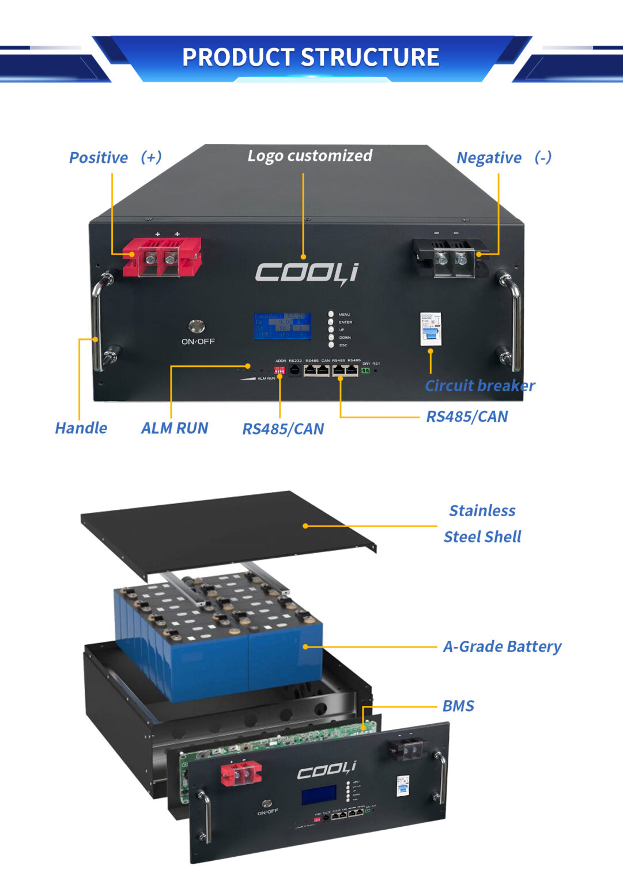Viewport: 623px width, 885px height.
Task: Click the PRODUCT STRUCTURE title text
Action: coord(311,58)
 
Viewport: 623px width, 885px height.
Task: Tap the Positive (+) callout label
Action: coord(115,157)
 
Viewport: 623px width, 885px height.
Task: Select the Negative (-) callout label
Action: coord(503,157)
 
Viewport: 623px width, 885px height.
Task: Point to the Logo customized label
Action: coord(309,156)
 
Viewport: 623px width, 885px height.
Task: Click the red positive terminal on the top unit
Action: coord(162,257)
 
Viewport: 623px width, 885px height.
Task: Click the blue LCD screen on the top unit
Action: coord(282,327)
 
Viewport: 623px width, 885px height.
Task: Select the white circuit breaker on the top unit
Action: coord(431,329)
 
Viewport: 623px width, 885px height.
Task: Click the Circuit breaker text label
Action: coord(479,385)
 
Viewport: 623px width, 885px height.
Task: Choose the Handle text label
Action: coord(81,428)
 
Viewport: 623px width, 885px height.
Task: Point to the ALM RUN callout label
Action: coord(174,428)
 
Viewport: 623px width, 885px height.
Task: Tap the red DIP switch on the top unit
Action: coord(280,370)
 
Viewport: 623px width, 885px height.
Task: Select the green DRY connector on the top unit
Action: coord(365,370)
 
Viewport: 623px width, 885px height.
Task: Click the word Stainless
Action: coord(482,511)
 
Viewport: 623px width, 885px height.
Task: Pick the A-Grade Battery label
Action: coord(501,646)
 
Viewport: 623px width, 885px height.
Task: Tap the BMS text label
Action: coord(458,706)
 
